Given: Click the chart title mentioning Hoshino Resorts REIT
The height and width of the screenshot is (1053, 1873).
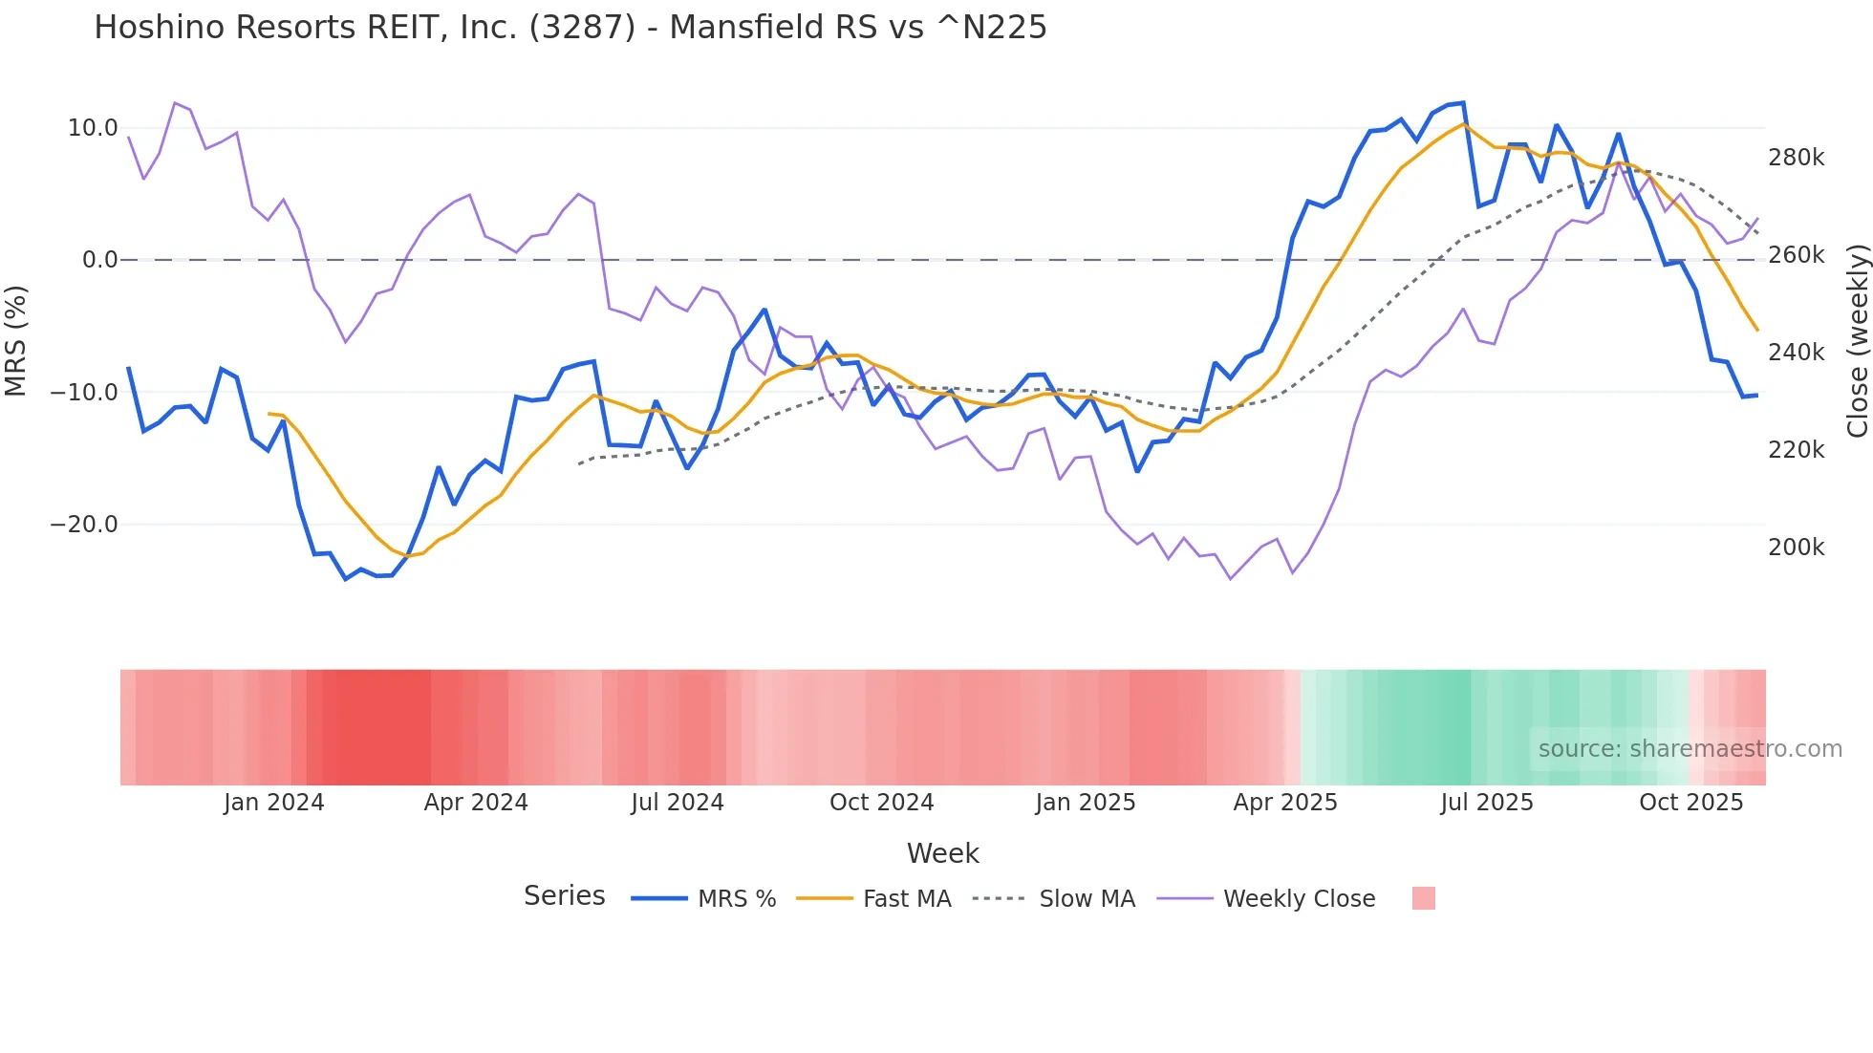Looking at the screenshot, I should (571, 28).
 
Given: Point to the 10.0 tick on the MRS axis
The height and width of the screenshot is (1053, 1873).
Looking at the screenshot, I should (93, 128).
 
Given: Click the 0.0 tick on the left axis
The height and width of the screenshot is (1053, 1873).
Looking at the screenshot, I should (100, 260).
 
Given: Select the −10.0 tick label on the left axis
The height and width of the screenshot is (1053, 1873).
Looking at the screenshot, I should (84, 392).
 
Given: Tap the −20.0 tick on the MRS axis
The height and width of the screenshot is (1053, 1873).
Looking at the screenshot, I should (84, 525).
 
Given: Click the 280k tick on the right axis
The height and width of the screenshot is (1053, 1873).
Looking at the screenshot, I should (1797, 158).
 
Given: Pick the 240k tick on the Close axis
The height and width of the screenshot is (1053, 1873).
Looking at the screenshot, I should (1797, 353).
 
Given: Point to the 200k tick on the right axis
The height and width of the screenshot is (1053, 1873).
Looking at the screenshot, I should (1797, 548).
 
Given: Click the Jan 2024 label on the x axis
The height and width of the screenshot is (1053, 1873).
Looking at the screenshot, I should (274, 803).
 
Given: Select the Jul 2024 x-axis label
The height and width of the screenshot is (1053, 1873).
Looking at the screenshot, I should (678, 803).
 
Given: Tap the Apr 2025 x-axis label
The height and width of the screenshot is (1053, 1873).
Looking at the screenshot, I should (1285, 803).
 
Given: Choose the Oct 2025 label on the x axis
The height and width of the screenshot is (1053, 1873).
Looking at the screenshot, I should (1691, 803).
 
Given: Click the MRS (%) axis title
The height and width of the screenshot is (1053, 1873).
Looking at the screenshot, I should (16, 340).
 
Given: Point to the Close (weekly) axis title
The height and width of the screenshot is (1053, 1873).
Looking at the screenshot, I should (1858, 341).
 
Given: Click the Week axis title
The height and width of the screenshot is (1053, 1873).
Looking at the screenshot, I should (942, 853).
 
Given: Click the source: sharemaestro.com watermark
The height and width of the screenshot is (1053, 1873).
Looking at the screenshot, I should (1690, 749).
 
